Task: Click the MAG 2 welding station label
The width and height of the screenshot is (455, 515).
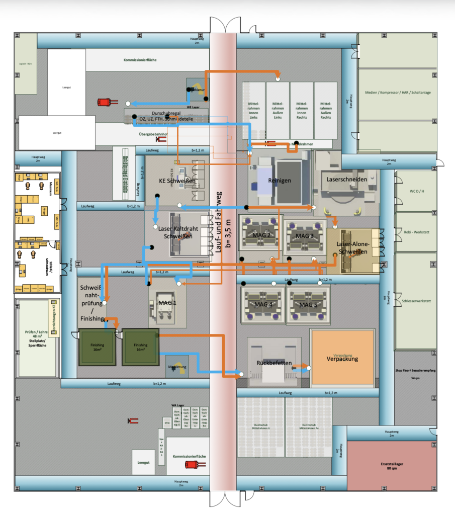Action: [x=262, y=235]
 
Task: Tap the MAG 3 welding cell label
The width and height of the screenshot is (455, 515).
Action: [x=304, y=236]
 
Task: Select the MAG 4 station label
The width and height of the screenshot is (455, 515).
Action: [x=262, y=305]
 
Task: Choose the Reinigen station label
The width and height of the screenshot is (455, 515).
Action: [x=280, y=180]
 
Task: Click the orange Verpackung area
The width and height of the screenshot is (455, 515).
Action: [x=342, y=359]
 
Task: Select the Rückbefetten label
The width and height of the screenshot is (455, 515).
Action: [x=274, y=363]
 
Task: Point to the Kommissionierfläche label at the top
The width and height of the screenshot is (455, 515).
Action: [x=140, y=60]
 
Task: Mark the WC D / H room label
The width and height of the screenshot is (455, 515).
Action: [x=415, y=191]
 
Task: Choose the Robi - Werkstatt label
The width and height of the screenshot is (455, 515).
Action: [x=415, y=232]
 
